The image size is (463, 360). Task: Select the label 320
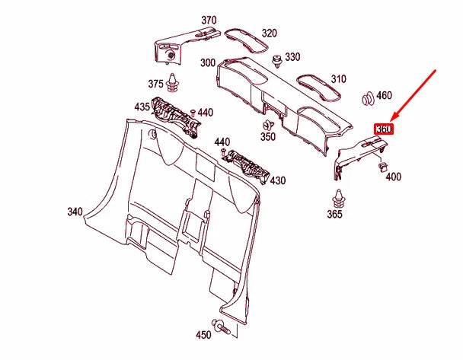pos(270,33)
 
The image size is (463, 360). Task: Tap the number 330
pos(292,57)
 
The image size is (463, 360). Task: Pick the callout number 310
pos(338,78)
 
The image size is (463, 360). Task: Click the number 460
pos(385,95)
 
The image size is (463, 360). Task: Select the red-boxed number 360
pos(384,129)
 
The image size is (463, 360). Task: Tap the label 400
pos(394,177)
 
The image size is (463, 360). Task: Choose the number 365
pos(335,215)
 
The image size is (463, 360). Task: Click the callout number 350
pos(267,138)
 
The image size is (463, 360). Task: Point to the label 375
pos(156,84)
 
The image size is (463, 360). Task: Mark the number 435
pos(142,108)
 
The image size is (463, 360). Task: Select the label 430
pos(278,181)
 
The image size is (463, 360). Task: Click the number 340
pos(75,211)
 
